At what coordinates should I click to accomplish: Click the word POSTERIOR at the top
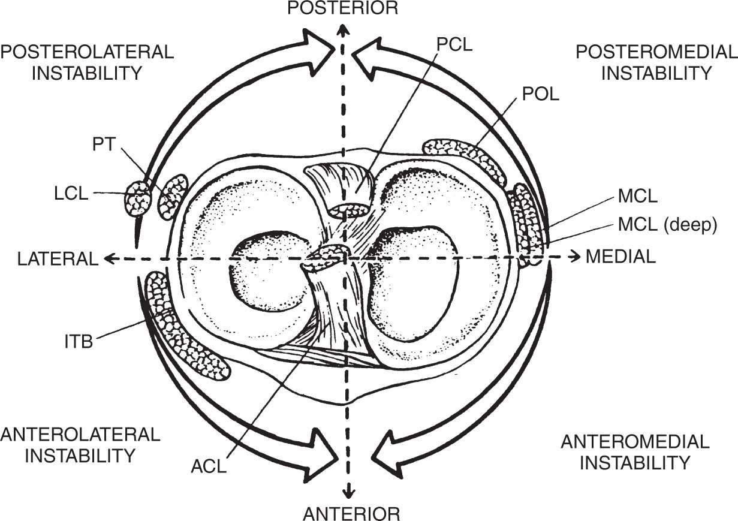[342, 8]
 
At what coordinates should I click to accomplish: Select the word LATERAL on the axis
[58, 258]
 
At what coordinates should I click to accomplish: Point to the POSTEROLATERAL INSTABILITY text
[88, 62]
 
